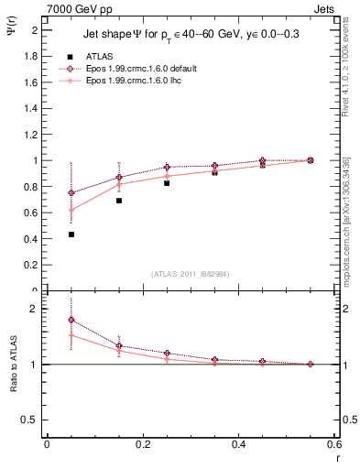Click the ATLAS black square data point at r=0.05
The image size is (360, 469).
coord(71,234)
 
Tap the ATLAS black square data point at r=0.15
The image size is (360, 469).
coord(119,201)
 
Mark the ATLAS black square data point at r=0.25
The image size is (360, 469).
coord(167,183)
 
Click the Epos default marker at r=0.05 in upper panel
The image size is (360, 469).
coord(71,192)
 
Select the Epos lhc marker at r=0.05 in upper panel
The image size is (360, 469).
coord(71,210)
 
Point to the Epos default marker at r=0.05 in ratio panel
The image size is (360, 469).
coord(71,320)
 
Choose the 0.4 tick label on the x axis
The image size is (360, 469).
coord(238,446)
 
